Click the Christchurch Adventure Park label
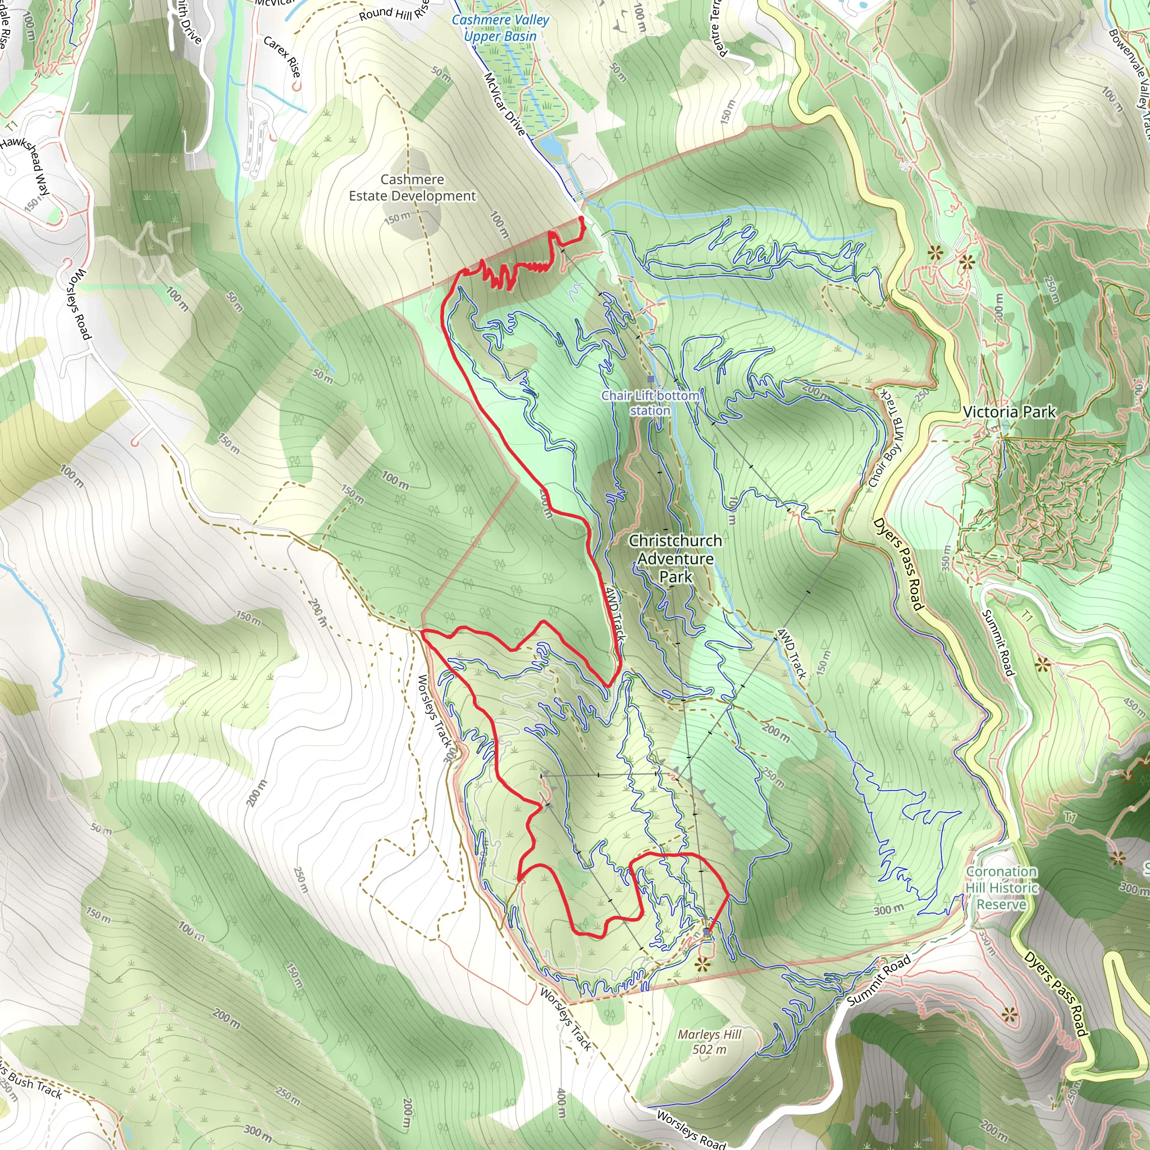click(676, 558)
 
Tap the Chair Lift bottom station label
click(650, 403)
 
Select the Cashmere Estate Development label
click(412, 188)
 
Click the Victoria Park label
click(1009, 412)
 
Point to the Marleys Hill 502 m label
click(709, 1042)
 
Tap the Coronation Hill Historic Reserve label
click(1001, 888)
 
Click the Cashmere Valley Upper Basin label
click(500, 28)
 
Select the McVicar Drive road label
click(504, 104)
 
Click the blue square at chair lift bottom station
click(651, 379)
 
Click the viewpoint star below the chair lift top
click(703, 965)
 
